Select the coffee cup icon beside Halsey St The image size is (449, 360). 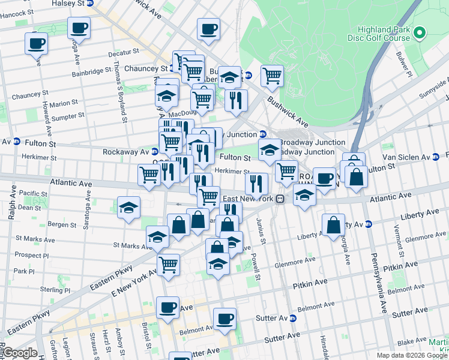coord(79,27)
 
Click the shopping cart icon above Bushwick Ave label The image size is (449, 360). coord(272,76)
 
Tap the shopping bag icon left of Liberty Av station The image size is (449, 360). coord(333,226)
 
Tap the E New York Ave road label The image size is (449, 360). coord(132,282)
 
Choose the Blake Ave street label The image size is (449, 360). coord(412,341)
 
